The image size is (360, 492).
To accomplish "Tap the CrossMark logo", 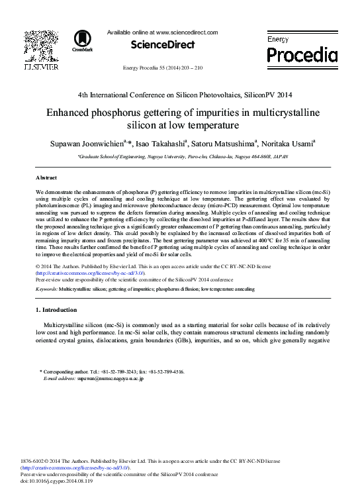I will click(83, 40).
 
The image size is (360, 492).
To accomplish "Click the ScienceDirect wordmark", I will click(163, 45).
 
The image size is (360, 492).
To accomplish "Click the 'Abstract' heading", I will click(46, 178).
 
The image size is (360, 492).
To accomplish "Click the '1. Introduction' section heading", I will click(60, 310).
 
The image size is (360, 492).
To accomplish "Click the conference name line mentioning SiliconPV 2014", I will click(180, 95).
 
